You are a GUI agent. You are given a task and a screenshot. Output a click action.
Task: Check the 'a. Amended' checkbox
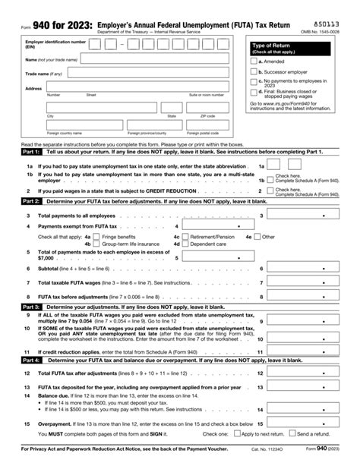254,61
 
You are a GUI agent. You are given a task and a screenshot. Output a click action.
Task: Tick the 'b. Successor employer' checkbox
254,71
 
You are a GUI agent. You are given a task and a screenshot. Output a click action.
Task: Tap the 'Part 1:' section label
31,152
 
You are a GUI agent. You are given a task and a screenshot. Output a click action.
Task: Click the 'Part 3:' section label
31,307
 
